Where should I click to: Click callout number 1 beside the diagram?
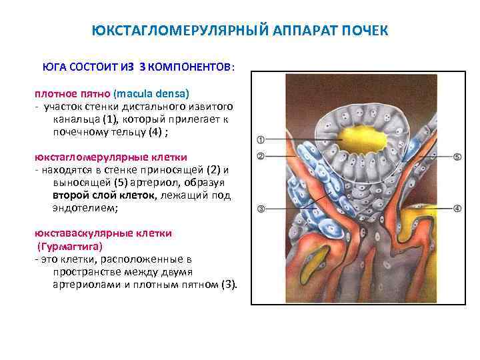[x=260, y=140]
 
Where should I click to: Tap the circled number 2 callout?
[x=260, y=157]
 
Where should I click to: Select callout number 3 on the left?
[x=260, y=208]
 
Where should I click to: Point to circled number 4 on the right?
[x=457, y=208]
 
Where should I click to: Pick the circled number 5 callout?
[x=457, y=157]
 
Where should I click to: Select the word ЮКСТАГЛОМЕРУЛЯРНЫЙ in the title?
[x=175, y=31]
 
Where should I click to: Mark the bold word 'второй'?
[x=68, y=195]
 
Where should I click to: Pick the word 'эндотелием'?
[x=83, y=208]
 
